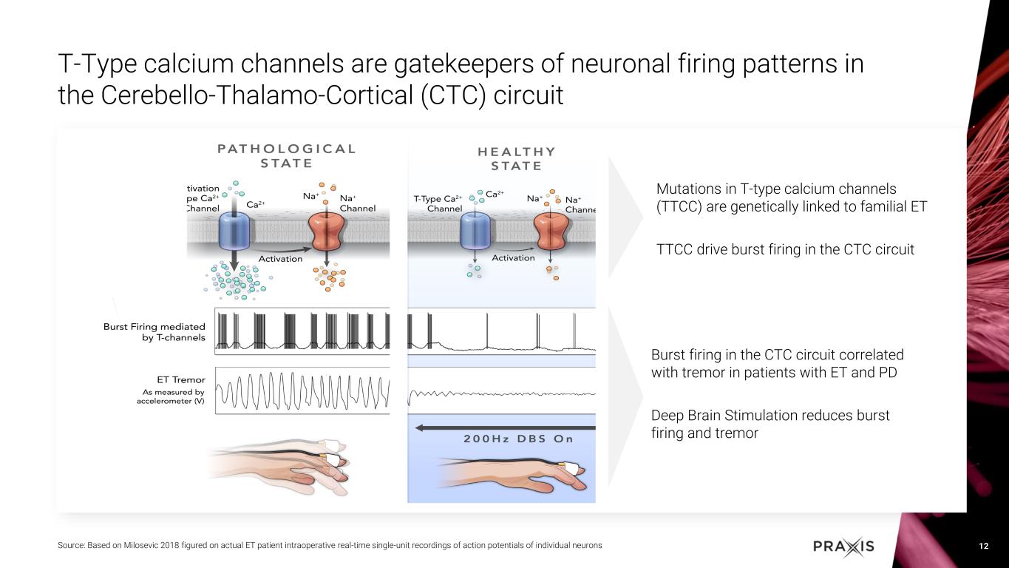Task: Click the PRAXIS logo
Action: coord(843,547)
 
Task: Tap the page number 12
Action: coord(983,547)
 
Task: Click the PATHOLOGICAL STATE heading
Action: coord(286,155)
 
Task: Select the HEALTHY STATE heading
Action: coord(516,158)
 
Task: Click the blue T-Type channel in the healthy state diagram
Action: coord(475,230)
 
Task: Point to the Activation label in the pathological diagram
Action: coord(280,259)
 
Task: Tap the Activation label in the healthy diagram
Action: coord(513,257)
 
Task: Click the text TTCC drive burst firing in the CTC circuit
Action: coord(785,250)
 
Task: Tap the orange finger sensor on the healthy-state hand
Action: coord(571,467)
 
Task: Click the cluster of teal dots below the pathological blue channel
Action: coord(235,282)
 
